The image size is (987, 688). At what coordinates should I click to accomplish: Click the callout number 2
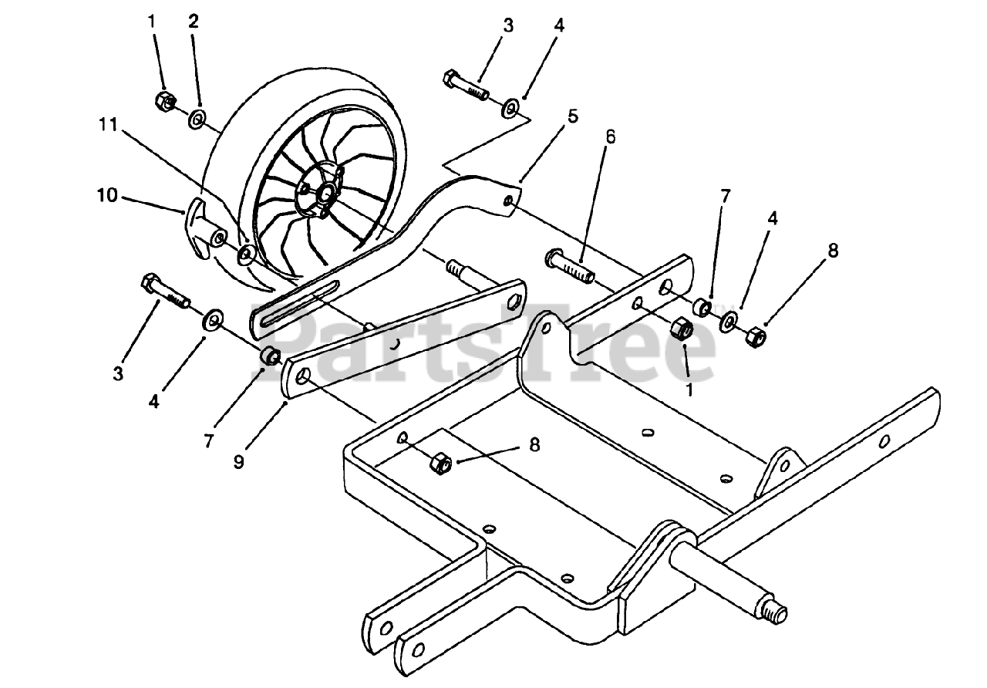tap(193, 22)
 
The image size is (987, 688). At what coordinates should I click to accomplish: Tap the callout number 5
tap(572, 118)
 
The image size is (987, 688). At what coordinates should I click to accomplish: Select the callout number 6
tap(610, 137)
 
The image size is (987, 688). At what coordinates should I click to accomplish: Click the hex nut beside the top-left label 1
tap(164, 99)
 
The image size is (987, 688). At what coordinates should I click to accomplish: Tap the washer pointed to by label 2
tap(197, 119)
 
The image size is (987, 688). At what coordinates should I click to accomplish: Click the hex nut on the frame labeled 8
tap(440, 464)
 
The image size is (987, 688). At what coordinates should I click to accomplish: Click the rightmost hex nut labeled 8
tap(754, 337)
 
